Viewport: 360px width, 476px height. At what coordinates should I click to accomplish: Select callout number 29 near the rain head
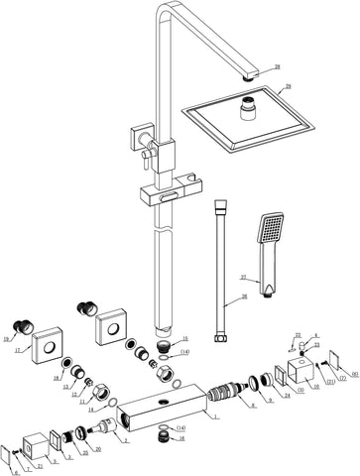[x=289, y=87]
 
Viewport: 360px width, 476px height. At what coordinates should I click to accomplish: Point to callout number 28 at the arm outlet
[x=277, y=66]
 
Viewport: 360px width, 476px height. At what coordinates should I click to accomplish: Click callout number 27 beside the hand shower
[x=243, y=279]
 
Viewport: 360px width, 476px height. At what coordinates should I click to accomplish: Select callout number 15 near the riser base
[x=183, y=339]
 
